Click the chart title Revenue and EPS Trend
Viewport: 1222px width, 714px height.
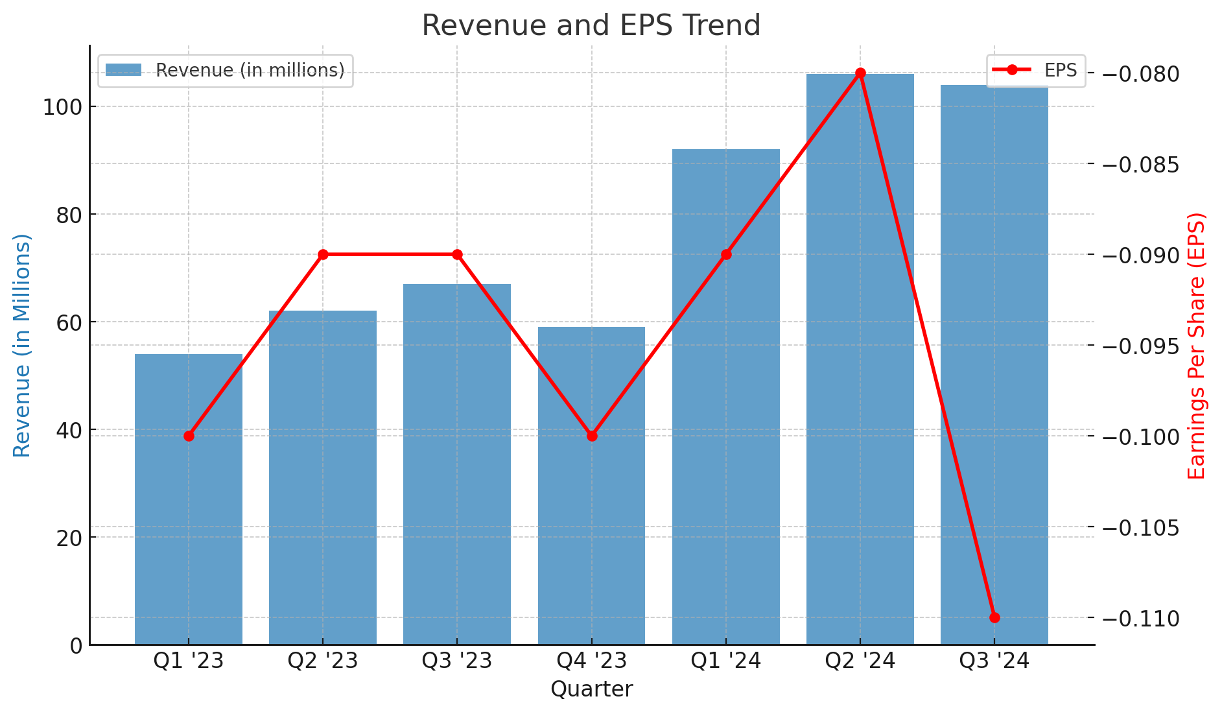click(x=591, y=26)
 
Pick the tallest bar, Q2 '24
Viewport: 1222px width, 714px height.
click(x=860, y=357)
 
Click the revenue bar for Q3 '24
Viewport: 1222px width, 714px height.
click(x=994, y=363)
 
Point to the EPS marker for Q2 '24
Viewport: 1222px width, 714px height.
click(x=860, y=73)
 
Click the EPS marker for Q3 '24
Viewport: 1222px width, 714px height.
click(x=994, y=617)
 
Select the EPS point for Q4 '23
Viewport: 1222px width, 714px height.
click(x=591, y=436)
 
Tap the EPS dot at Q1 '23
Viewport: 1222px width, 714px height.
click(x=189, y=436)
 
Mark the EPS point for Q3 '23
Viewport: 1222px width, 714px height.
click(x=457, y=254)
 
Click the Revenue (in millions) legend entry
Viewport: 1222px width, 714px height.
click(x=225, y=70)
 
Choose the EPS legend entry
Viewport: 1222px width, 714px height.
click(x=1036, y=70)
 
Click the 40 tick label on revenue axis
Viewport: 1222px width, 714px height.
click(x=69, y=430)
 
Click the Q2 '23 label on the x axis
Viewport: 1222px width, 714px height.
click(x=323, y=661)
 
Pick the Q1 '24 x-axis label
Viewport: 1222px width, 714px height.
click(x=725, y=661)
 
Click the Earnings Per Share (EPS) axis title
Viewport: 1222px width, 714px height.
click(x=1197, y=345)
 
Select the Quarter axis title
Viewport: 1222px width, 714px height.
click(x=591, y=689)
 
